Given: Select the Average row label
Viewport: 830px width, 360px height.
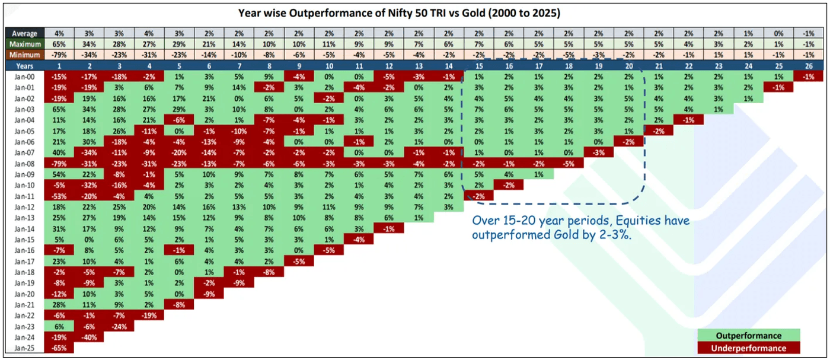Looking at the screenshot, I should click(25, 34).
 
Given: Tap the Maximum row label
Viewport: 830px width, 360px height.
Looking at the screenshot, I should click(25, 44).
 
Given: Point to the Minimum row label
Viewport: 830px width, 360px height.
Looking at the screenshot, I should click(25, 54).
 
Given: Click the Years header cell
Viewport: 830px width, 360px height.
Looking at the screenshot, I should click(25, 65).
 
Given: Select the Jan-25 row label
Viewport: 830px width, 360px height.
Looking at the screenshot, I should click(25, 348).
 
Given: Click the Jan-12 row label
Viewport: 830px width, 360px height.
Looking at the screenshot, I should click(25, 206).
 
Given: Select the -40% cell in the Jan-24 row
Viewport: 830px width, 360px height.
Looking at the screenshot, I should click(88, 337).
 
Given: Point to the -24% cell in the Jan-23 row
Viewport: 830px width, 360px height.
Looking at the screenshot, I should click(119, 326).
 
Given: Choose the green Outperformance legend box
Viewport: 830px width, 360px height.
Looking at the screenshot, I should click(749, 336).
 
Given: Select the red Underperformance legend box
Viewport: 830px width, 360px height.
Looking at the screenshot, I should click(749, 348).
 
